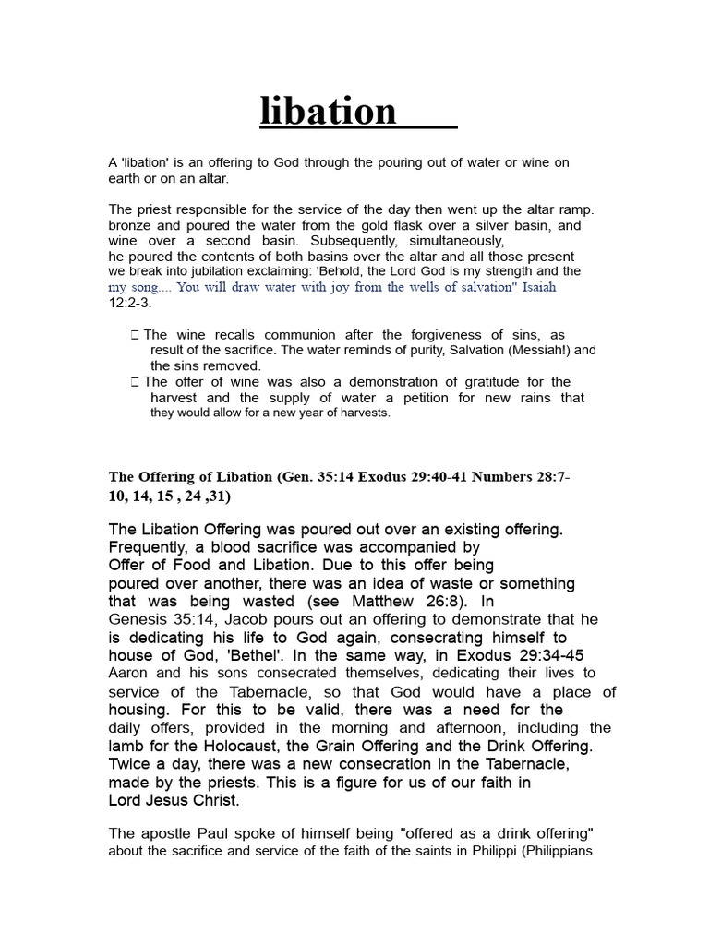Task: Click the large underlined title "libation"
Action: click(x=329, y=112)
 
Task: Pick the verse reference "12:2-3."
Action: click(x=131, y=302)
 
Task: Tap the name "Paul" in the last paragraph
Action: click(x=209, y=834)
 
